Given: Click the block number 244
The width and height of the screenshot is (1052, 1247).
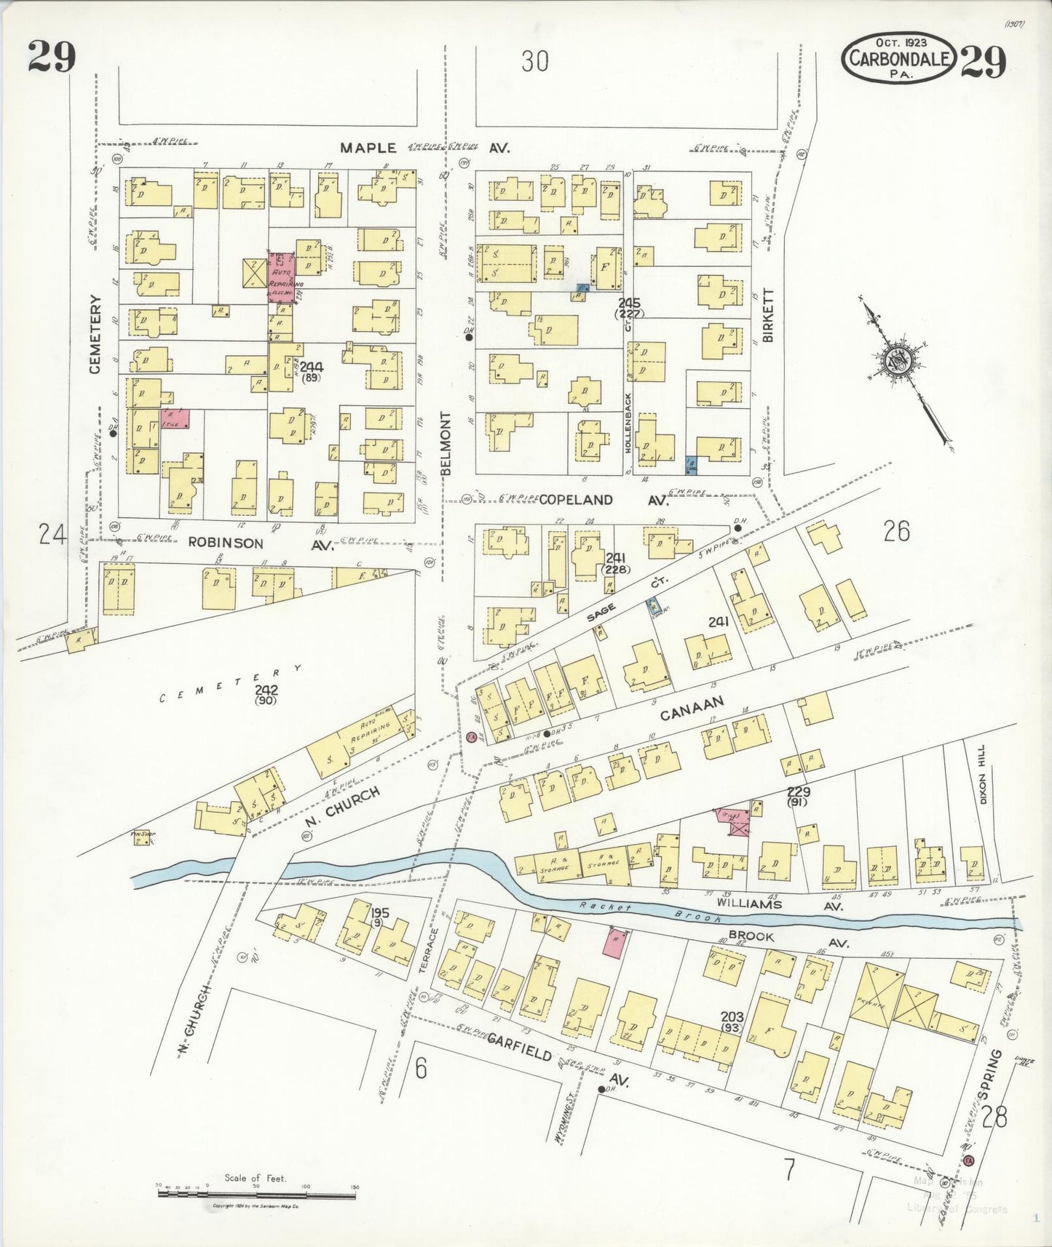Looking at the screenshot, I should (x=312, y=366).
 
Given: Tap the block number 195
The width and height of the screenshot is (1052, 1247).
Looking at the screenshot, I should (x=379, y=912).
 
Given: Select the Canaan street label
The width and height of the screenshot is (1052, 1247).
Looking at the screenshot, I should (x=691, y=708).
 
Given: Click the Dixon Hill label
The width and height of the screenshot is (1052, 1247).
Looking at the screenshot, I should (x=983, y=784).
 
